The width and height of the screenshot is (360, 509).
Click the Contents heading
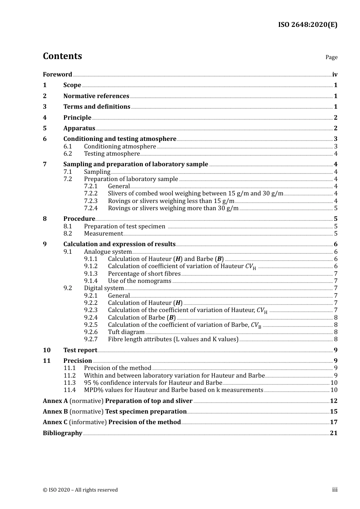click(62, 56)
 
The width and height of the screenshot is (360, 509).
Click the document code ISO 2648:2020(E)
click(307, 25)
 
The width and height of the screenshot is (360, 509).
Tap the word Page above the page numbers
click(331, 57)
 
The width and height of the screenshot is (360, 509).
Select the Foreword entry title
click(57, 74)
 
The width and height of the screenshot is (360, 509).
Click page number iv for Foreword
click(335, 74)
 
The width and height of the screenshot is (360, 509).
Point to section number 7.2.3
click(91, 201)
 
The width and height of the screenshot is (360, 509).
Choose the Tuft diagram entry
click(126, 332)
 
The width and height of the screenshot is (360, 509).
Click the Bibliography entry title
click(63, 433)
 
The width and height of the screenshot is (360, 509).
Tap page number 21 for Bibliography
click(333, 433)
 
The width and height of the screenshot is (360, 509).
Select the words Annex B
click(55, 411)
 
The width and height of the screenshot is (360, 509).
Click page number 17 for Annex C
click(333, 422)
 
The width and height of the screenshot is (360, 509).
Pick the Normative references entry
click(96, 96)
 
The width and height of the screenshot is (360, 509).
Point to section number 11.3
click(69, 383)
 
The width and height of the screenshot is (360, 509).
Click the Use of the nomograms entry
click(139, 281)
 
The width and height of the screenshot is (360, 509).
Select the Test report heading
click(80, 350)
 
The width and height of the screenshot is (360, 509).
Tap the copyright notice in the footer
click(80, 490)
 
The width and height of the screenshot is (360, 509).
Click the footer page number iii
click(335, 490)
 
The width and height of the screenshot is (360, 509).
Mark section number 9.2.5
click(91, 325)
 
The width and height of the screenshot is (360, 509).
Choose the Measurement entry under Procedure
click(103, 234)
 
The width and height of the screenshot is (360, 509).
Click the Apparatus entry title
click(79, 128)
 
